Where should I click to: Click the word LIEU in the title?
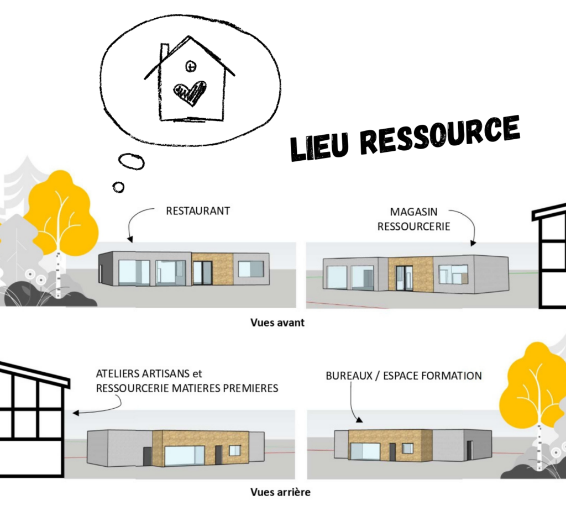click(321, 145)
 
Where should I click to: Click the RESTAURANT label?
click(198, 210)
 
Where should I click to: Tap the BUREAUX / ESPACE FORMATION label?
click(403, 376)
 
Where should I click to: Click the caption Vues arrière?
click(280, 492)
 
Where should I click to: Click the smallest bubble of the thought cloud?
click(118, 187)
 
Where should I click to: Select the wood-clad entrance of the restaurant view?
click(213, 268)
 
